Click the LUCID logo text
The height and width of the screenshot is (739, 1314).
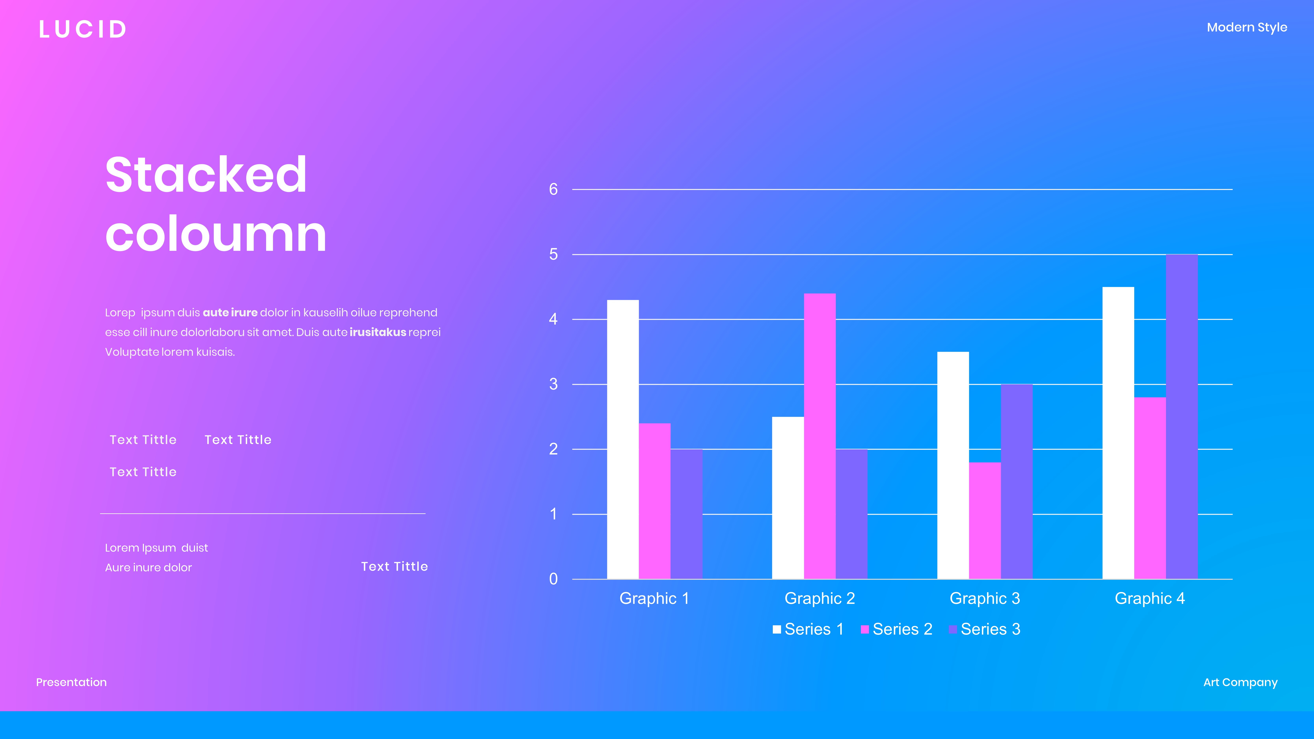click(83, 30)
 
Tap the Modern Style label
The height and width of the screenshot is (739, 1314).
click(1247, 28)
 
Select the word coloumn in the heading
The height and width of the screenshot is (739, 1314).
click(216, 234)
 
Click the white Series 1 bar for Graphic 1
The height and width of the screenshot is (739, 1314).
click(623, 439)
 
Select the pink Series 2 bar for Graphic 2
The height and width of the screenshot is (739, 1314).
click(820, 436)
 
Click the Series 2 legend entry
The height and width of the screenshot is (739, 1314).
click(897, 629)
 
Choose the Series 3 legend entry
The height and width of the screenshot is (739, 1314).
click(984, 629)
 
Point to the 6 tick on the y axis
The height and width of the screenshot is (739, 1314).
click(553, 190)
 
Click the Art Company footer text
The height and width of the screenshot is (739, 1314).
click(1240, 682)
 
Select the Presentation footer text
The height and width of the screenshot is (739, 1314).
click(71, 682)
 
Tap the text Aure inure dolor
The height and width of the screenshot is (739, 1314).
click(148, 568)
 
